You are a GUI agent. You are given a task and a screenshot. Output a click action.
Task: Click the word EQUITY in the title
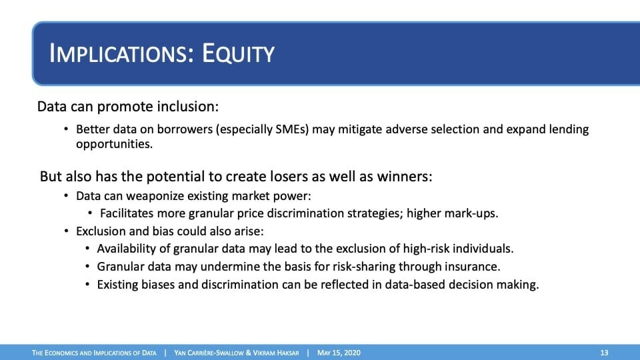pyautogui.click(x=238, y=53)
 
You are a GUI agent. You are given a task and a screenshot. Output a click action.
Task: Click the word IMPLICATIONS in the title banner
pyautogui.click(x=121, y=53)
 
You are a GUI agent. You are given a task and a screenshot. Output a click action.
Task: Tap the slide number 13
pyautogui.click(x=604, y=353)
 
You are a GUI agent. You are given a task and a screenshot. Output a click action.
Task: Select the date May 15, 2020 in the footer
pyautogui.click(x=339, y=353)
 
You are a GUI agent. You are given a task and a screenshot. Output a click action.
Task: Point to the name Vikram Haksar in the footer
pyautogui.click(x=276, y=353)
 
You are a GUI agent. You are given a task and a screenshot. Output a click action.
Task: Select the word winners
pyautogui.click(x=404, y=177)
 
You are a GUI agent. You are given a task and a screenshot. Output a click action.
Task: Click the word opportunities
pyautogui.click(x=114, y=145)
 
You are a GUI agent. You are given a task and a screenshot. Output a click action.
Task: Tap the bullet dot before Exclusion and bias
pyautogui.click(x=66, y=231)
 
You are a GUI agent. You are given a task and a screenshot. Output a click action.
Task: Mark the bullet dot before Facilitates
pyautogui.click(x=90, y=213)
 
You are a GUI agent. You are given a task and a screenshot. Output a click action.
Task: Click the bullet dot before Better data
pyautogui.click(x=66, y=129)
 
